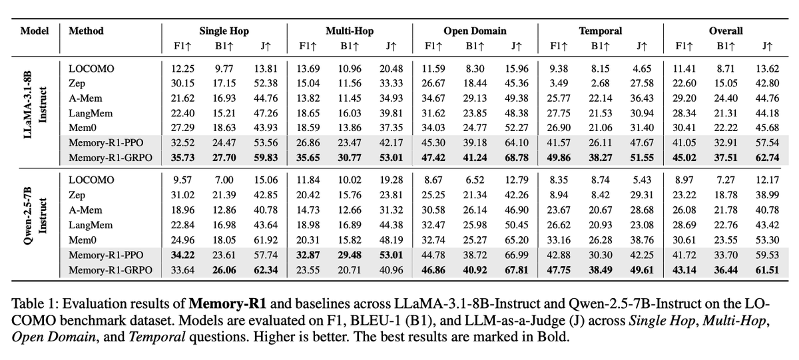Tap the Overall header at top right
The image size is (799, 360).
(726, 31)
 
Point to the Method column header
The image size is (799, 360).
(86, 31)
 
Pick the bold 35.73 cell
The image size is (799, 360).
(176, 156)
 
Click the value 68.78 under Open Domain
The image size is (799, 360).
(516, 156)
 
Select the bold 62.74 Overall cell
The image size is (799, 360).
(766, 156)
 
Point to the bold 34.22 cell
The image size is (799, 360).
(176, 256)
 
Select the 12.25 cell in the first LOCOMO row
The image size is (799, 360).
(176, 68)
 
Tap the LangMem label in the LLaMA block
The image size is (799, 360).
(91, 112)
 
